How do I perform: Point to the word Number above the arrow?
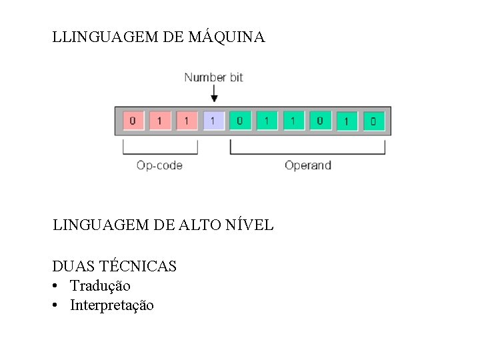pyautogui.click(x=205, y=77)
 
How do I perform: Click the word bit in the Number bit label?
pyautogui.click(x=236, y=77)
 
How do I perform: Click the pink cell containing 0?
pyautogui.click(x=132, y=121)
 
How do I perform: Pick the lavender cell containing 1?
pyautogui.click(x=213, y=121)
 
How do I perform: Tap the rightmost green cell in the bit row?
pyautogui.click(x=373, y=121)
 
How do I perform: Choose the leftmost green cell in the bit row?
pyautogui.click(x=239, y=121)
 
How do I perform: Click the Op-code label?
pyautogui.click(x=159, y=165)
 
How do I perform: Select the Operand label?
pyautogui.click(x=307, y=165)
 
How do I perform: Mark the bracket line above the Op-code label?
pyautogui.click(x=159, y=153)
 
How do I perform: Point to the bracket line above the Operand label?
pyautogui.click(x=307, y=153)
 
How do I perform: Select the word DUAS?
pyautogui.click(x=74, y=267)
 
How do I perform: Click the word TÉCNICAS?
pyautogui.click(x=137, y=267)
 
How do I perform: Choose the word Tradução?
pyautogui.click(x=100, y=286)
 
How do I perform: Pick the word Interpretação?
pyautogui.click(x=111, y=305)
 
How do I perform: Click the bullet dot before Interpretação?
pyautogui.click(x=57, y=305)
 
